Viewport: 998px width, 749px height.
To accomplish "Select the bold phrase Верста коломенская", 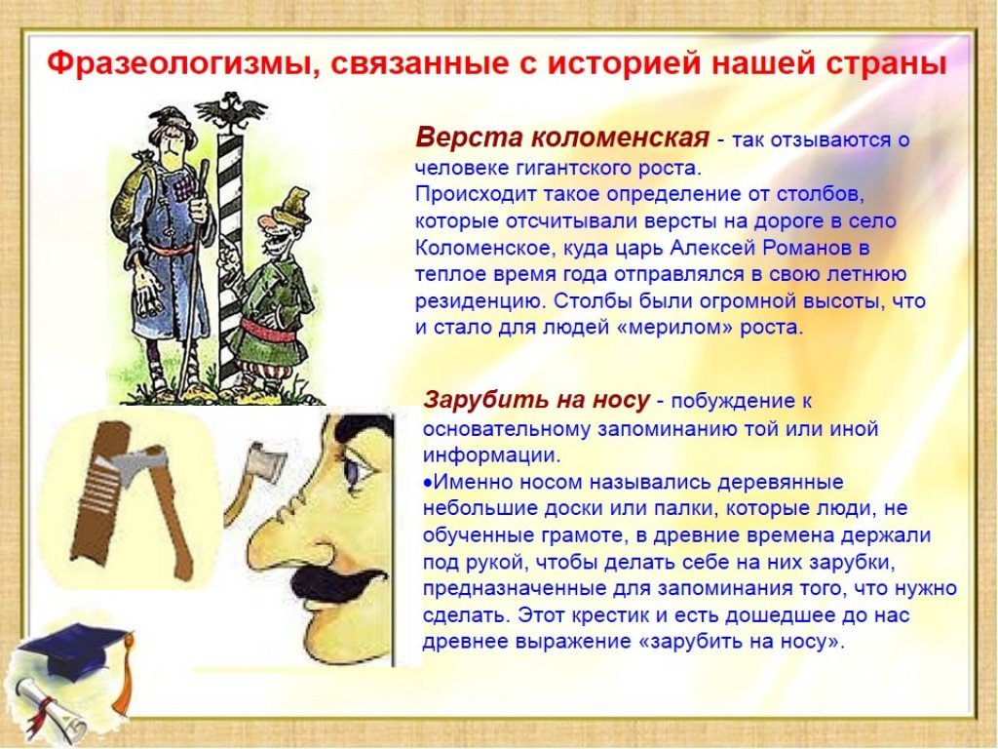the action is coord(562,137).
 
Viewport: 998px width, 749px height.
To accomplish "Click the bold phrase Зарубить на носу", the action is coord(537,400).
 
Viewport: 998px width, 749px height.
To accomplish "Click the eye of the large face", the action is coord(352,468).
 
